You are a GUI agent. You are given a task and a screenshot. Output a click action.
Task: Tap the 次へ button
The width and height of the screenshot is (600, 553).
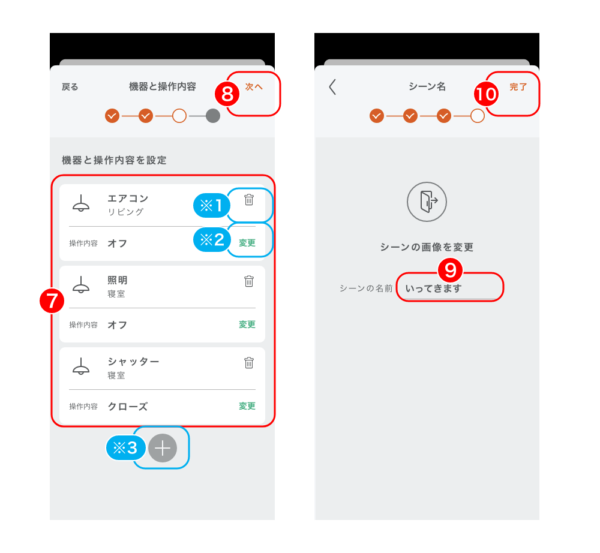[x=254, y=87]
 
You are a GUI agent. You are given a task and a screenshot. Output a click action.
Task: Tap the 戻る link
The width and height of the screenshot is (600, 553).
[x=70, y=87]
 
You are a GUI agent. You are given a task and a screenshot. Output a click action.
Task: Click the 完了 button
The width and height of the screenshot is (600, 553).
[x=518, y=87]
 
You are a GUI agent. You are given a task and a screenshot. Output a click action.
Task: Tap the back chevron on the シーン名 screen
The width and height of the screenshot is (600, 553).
[x=332, y=87]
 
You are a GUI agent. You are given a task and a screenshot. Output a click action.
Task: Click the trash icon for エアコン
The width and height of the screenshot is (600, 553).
[x=249, y=200]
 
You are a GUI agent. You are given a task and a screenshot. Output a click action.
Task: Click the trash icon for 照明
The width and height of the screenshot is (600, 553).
[x=249, y=281]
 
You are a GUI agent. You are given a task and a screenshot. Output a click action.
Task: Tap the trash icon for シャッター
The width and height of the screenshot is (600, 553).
[x=249, y=362]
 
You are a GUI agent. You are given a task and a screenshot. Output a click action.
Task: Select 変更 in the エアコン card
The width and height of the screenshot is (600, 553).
[x=247, y=243]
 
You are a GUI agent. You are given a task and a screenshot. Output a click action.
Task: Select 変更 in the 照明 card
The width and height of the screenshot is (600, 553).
[x=247, y=324]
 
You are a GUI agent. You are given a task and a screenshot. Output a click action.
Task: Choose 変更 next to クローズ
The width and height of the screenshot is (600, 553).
[x=247, y=406]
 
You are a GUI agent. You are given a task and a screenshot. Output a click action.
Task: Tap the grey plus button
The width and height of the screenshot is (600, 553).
[x=163, y=448]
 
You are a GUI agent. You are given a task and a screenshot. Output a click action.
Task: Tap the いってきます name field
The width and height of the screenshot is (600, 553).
[x=450, y=288]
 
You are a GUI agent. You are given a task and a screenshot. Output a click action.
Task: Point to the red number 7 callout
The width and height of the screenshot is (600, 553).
[x=52, y=300]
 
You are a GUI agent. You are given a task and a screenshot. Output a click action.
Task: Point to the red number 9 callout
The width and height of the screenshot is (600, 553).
[x=451, y=270]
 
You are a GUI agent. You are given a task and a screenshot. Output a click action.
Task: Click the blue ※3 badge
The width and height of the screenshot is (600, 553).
[x=125, y=448]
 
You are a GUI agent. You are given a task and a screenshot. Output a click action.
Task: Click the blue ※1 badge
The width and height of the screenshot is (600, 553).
[x=212, y=205]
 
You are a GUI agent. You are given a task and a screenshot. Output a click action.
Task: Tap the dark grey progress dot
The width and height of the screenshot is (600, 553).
[x=213, y=116]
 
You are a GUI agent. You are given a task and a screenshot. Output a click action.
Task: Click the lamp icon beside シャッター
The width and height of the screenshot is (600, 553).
[x=81, y=366]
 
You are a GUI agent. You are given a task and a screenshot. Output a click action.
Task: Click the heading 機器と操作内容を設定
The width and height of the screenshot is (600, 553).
[x=114, y=160]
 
